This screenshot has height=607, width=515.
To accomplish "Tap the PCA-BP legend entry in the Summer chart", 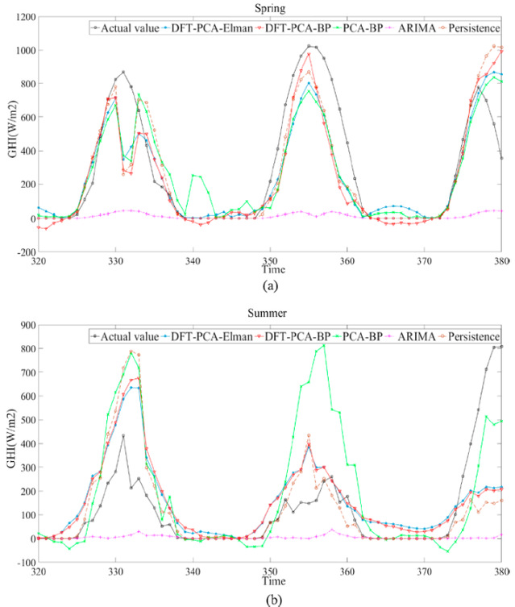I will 352,335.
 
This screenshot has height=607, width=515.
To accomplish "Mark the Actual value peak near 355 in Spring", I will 309,46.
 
